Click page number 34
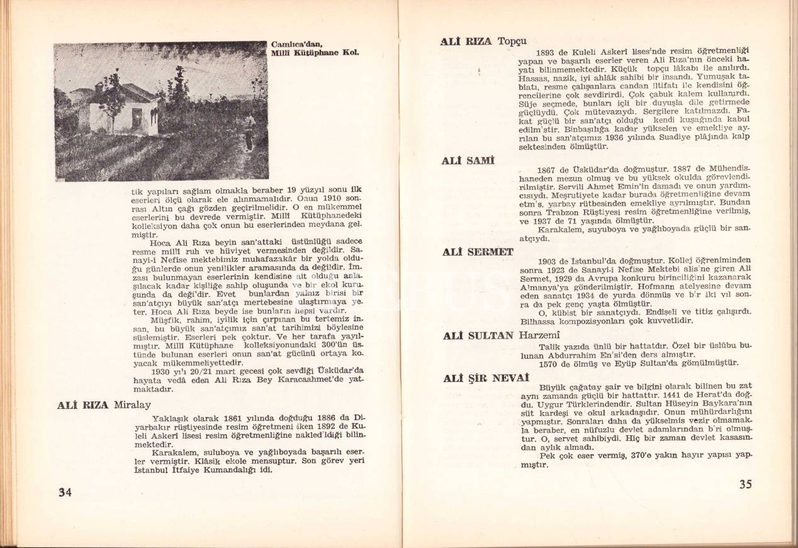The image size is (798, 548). (65, 493)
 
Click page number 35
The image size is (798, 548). (745, 484)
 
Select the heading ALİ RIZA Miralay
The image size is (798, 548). (103, 405)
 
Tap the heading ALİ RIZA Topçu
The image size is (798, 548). (485, 42)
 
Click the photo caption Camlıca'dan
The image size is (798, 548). (297, 45)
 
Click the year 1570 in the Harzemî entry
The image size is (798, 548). (549, 363)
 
